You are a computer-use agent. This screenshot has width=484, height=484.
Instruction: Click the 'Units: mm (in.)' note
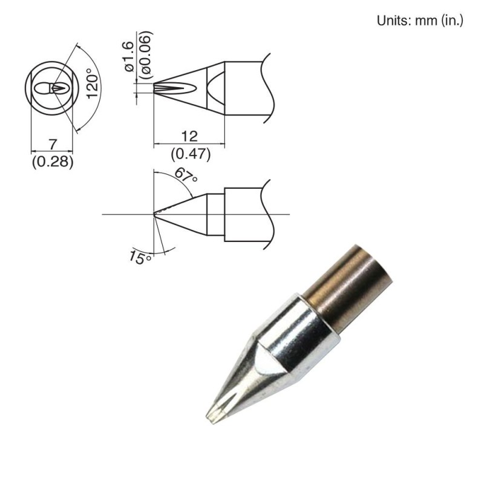click(420, 21)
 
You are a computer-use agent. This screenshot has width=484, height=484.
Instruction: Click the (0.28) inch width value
click(52, 162)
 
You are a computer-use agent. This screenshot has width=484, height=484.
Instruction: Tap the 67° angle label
click(186, 175)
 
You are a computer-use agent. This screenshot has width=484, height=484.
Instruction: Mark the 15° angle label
click(139, 258)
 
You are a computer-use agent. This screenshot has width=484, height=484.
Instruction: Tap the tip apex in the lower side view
click(155, 214)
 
